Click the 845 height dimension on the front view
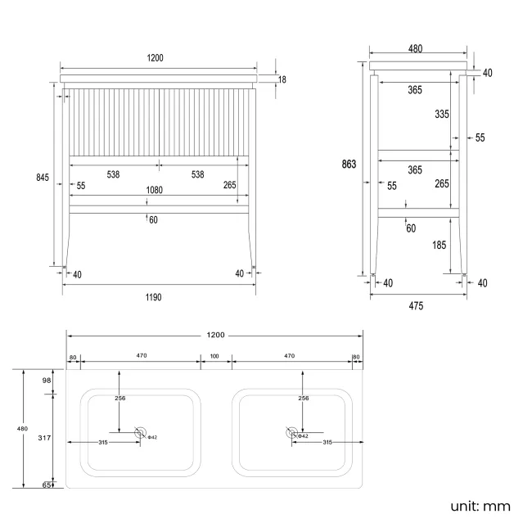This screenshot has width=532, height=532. [x=43, y=178]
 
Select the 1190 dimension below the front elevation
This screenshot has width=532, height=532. [x=154, y=297]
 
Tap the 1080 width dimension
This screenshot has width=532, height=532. [x=154, y=190]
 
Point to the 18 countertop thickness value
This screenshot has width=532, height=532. [x=282, y=79]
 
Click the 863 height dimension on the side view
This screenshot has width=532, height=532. [x=349, y=164]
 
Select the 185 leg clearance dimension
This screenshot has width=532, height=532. [x=441, y=244]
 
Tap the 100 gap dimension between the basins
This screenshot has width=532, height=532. [x=215, y=357]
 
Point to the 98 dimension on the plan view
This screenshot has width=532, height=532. [x=47, y=381]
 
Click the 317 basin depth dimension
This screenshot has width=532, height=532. [x=45, y=438]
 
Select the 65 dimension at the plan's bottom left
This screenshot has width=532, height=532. [x=47, y=485]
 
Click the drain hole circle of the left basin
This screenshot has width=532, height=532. [x=141, y=433]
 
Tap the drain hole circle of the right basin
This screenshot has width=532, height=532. [x=291, y=433]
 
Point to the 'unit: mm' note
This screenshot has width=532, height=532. [x=480, y=506]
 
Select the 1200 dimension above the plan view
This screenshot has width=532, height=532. [x=215, y=335]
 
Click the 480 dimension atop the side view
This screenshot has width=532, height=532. [x=415, y=49]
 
